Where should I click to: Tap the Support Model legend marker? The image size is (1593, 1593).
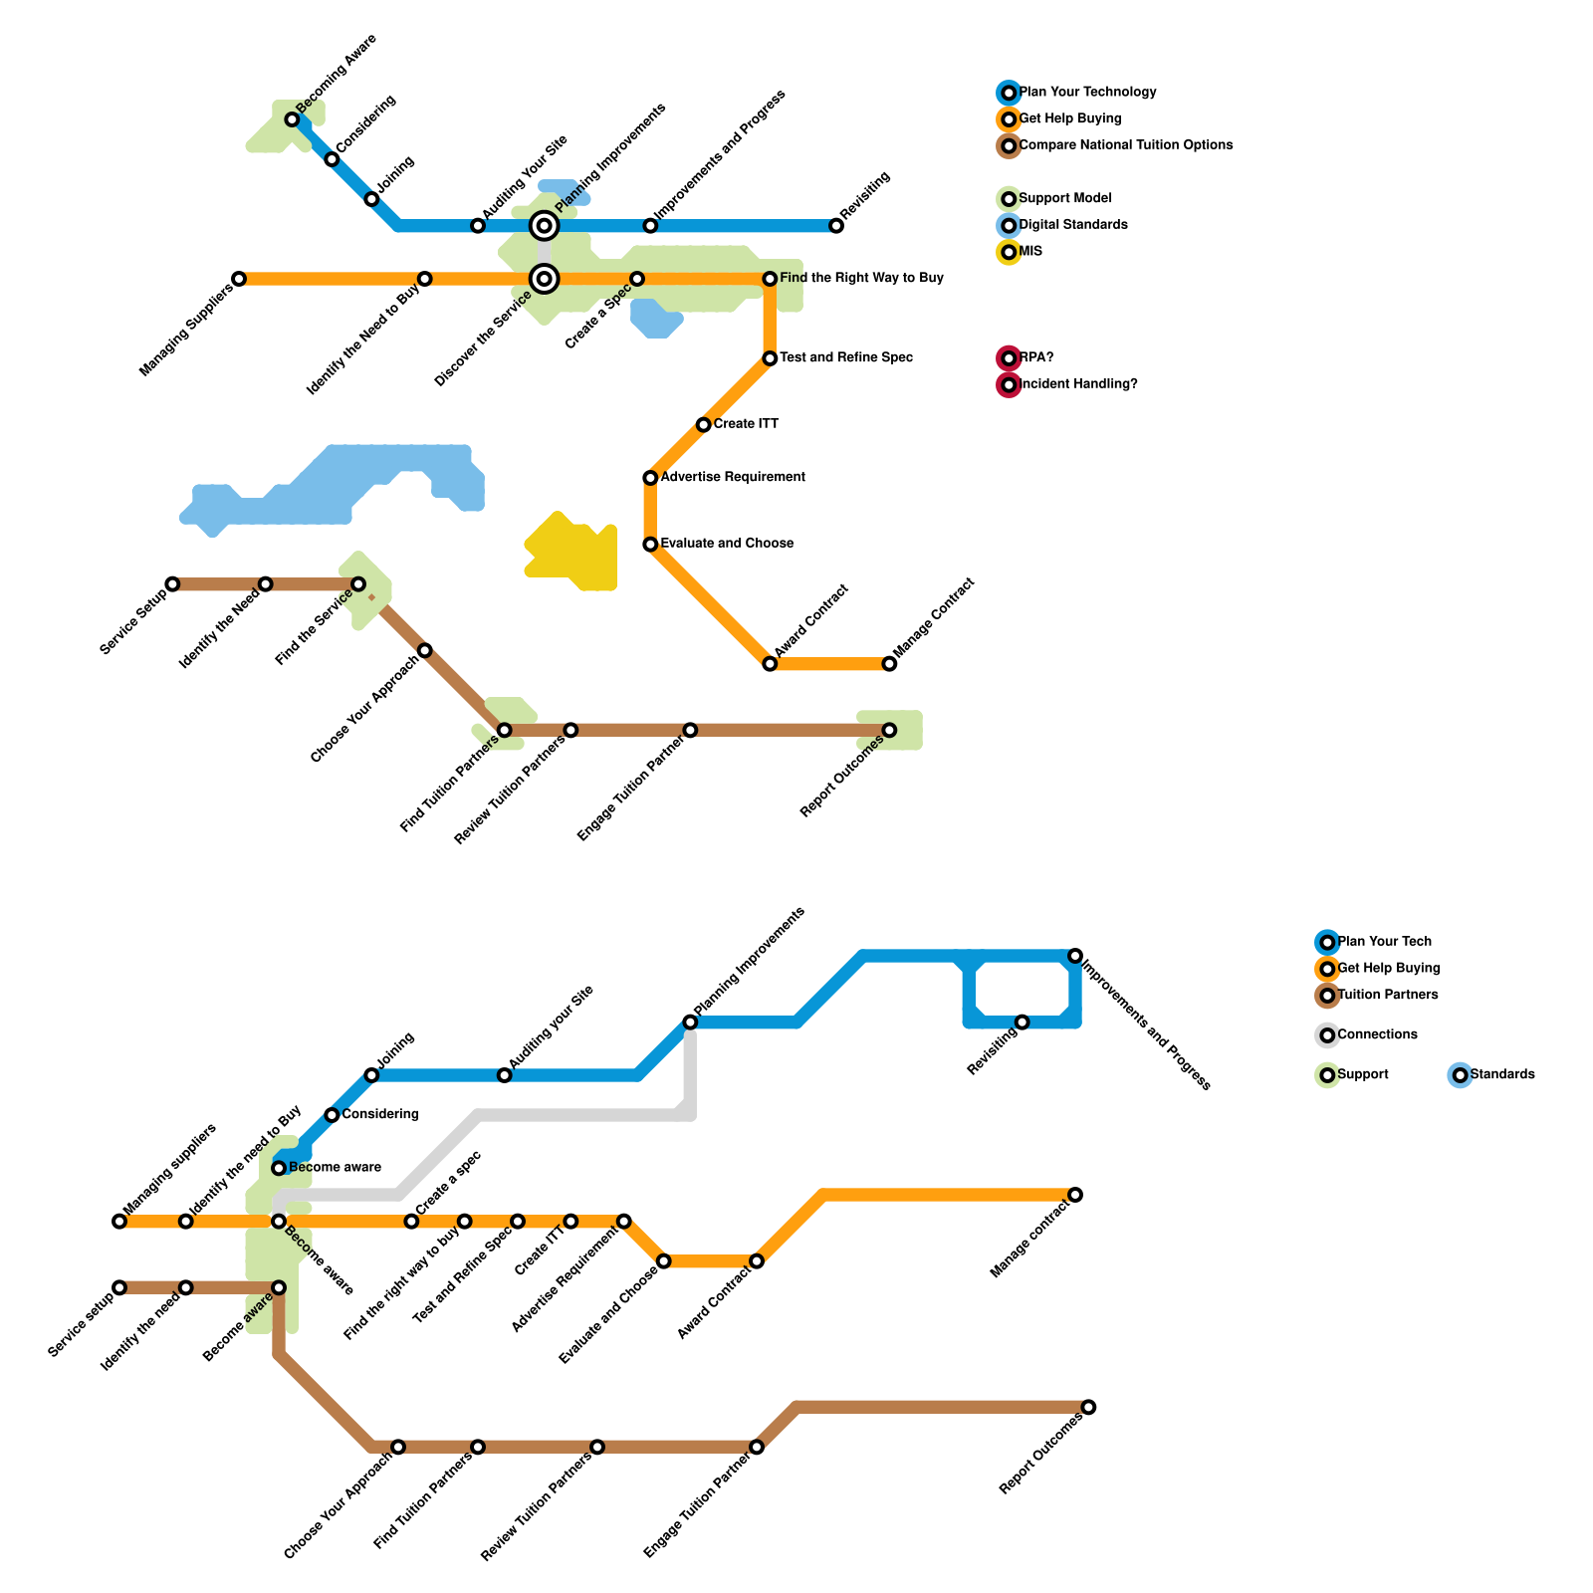[x=1009, y=199]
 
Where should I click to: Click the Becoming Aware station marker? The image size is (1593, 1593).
[x=292, y=119]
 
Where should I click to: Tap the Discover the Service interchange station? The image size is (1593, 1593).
[x=544, y=279]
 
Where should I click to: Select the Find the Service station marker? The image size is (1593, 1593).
[x=358, y=583]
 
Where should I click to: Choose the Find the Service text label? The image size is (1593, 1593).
[x=314, y=627]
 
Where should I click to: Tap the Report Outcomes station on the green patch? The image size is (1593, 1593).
[x=889, y=730]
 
